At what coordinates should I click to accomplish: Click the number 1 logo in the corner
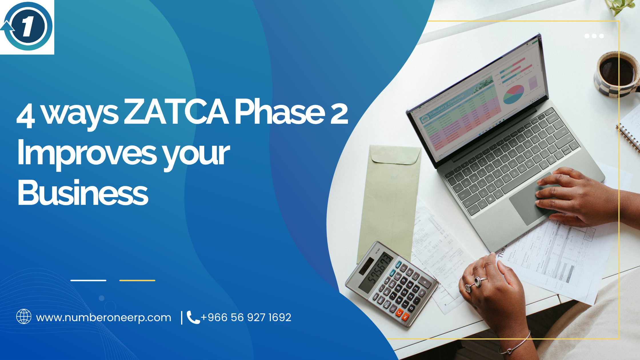(27, 26)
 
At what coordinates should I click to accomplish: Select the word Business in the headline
(83, 193)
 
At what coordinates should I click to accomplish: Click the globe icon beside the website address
(24, 317)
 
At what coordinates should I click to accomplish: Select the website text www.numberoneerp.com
(103, 318)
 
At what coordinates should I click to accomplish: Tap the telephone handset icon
(193, 317)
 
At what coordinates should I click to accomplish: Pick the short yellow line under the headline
(137, 281)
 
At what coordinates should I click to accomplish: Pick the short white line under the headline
(88, 281)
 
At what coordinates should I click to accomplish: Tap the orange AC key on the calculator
(405, 317)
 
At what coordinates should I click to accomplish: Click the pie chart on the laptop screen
(513, 94)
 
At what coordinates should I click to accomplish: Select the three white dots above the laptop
(594, 36)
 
